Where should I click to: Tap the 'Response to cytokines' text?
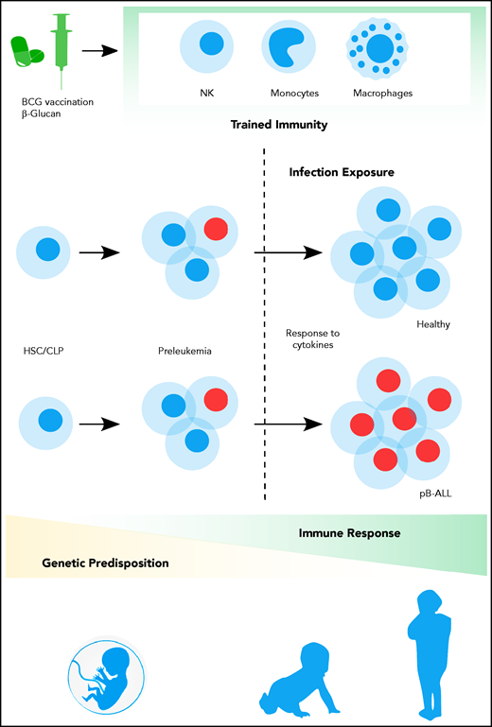(310, 339)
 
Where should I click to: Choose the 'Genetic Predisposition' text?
(105, 563)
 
